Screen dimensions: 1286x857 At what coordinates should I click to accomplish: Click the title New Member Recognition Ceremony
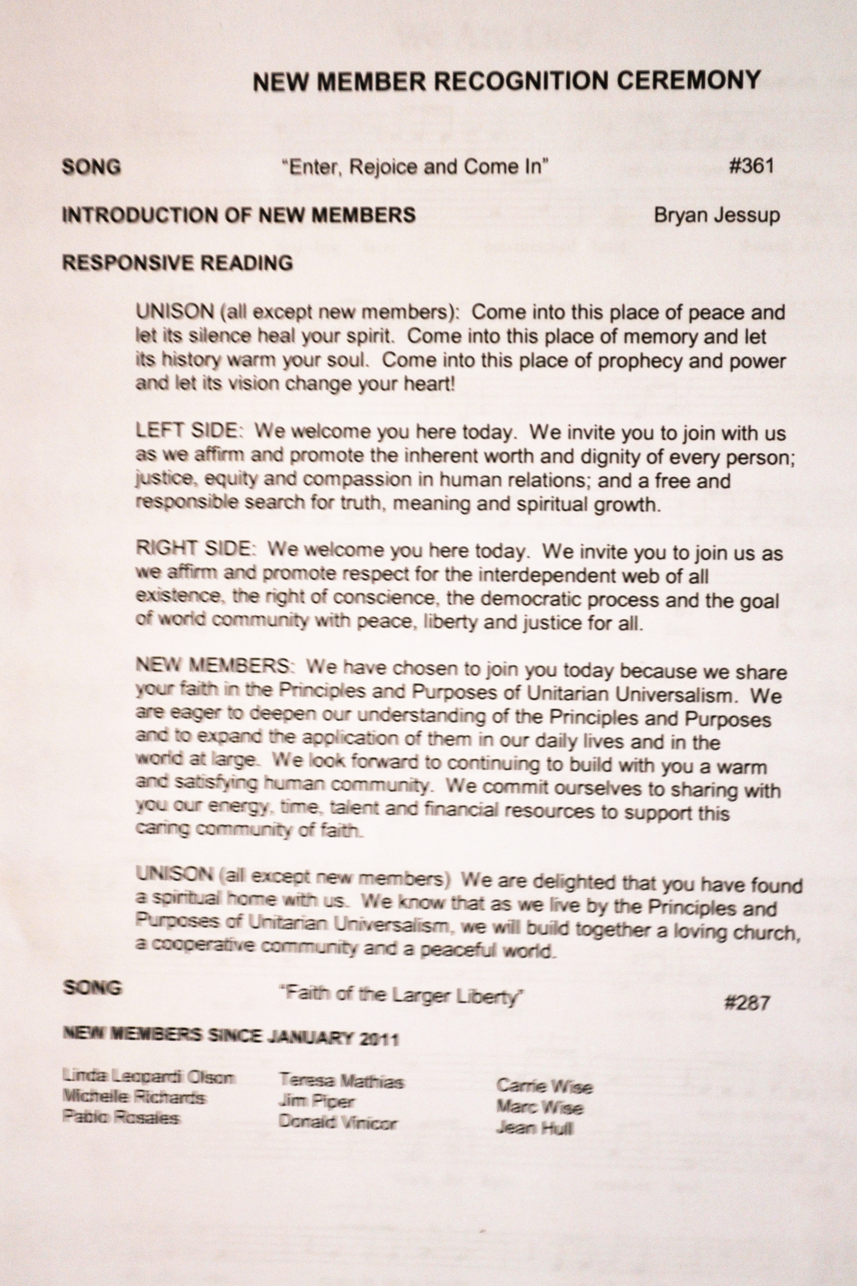point(506,81)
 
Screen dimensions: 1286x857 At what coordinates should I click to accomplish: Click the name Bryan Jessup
point(716,215)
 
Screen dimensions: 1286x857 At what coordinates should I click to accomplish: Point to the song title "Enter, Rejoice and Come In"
point(415,166)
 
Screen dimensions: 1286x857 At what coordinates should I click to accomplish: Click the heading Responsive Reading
point(178,263)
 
